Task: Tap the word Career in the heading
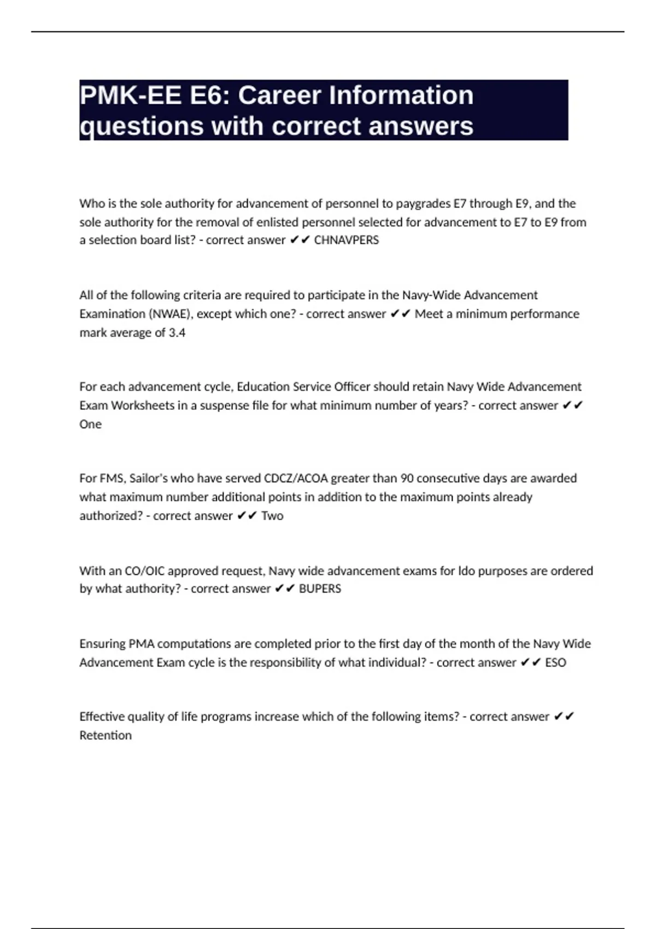(x=279, y=96)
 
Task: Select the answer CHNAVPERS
(x=346, y=240)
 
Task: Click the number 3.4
(x=177, y=333)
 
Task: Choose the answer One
(x=90, y=425)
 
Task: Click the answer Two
(x=272, y=516)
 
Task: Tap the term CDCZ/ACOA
(x=296, y=479)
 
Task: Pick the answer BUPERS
(x=320, y=589)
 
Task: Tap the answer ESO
(x=555, y=663)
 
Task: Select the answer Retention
(x=106, y=736)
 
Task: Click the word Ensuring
(x=102, y=644)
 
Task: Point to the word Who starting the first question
(x=91, y=204)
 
